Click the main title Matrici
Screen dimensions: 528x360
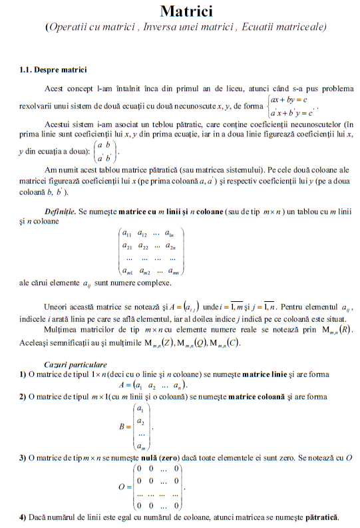[x=186, y=11]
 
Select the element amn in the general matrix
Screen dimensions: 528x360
[x=172, y=271]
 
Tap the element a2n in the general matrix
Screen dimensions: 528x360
[x=172, y=246]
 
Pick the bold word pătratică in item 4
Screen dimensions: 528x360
[x=321, y=517]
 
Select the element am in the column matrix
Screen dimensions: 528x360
[x=140, y=446]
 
